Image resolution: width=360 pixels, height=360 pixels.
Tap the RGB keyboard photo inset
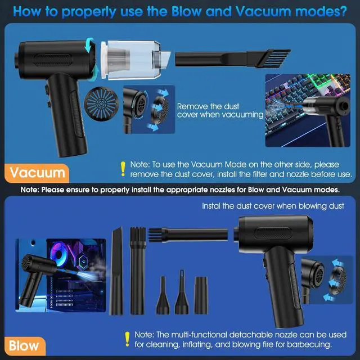[x=304, y=110]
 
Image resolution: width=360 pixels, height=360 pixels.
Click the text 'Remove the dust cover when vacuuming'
[x=220, y=110]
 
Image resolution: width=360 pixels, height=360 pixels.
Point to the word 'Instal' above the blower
[x=212, y=206]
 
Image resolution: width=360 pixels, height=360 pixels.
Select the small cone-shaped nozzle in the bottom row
[x=163, y=296]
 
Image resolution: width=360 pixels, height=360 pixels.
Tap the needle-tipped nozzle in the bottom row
[x=182, y=293]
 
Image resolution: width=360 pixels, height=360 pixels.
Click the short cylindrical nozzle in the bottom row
[x=201, y=295]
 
